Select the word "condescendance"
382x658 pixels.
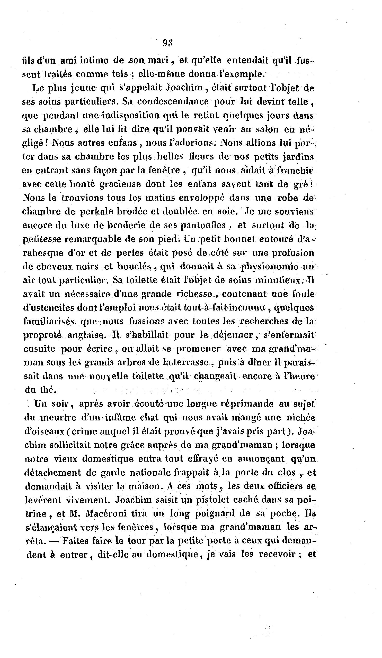coord(173,101)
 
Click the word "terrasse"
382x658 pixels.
coord(193,363)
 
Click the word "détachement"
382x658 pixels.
coord(56,472)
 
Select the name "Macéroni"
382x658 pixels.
coord(106,513)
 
